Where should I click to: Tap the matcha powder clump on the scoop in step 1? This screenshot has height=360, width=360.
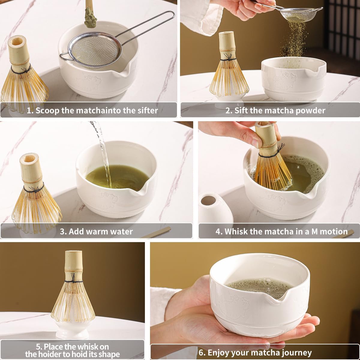click(88, 13)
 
